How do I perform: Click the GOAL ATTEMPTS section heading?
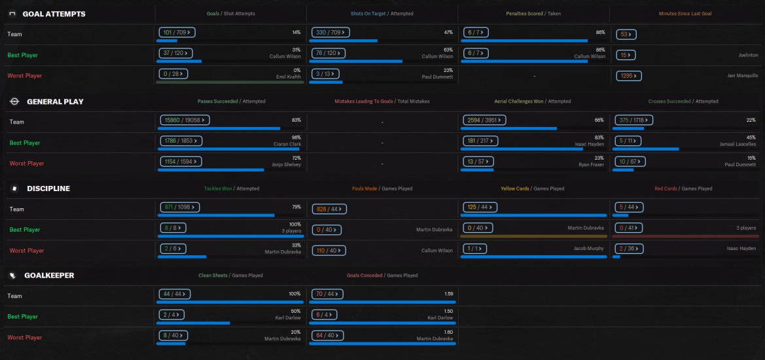(x=54, y=14)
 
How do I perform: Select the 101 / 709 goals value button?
(x=177, y=33)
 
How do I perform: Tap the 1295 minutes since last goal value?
(x=628, y=76)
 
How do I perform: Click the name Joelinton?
(x=749, y=56)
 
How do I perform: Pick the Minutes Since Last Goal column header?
(x=685, y=14)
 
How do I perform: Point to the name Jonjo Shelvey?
(x=287, y=165)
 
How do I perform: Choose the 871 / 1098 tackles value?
(x=179, y=207)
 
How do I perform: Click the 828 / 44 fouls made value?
(x=329, y=209)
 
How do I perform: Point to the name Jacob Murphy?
(x=588, y=248)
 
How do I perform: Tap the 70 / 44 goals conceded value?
(x=327, y=294)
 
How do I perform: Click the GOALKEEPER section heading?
(x=49, y=276)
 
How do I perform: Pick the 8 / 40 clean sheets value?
(x=173, y=336)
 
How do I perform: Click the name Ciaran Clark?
(x=287, y=144)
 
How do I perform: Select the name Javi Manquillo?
(x=743, y=76)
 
